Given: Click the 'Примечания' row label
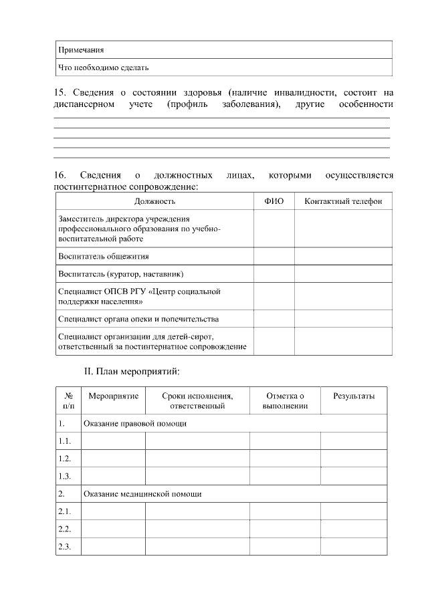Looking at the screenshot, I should point(81,50).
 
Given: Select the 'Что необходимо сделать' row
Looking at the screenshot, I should point(104,68).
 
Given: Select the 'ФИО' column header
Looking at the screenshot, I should point(274,201).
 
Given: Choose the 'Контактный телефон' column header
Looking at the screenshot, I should point(343,201).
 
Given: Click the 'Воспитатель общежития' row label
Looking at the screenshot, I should point(104,256).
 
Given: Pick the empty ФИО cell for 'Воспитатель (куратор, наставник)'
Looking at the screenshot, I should point(274,274).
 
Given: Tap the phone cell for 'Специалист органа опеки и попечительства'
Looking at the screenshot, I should point(343,319).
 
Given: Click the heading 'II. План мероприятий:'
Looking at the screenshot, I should point(132,370).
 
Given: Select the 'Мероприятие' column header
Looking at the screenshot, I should point(113,396).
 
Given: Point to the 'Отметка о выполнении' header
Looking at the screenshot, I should point(285,400).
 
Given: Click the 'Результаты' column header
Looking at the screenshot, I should point(354,396).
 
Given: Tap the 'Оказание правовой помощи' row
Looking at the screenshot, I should point(134,424).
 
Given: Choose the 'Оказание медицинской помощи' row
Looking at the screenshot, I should point(142,494).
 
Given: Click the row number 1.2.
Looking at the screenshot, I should point(65,459).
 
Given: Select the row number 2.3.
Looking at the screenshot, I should point(65,546).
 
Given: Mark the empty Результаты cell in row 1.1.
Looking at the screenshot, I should point(354,441).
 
